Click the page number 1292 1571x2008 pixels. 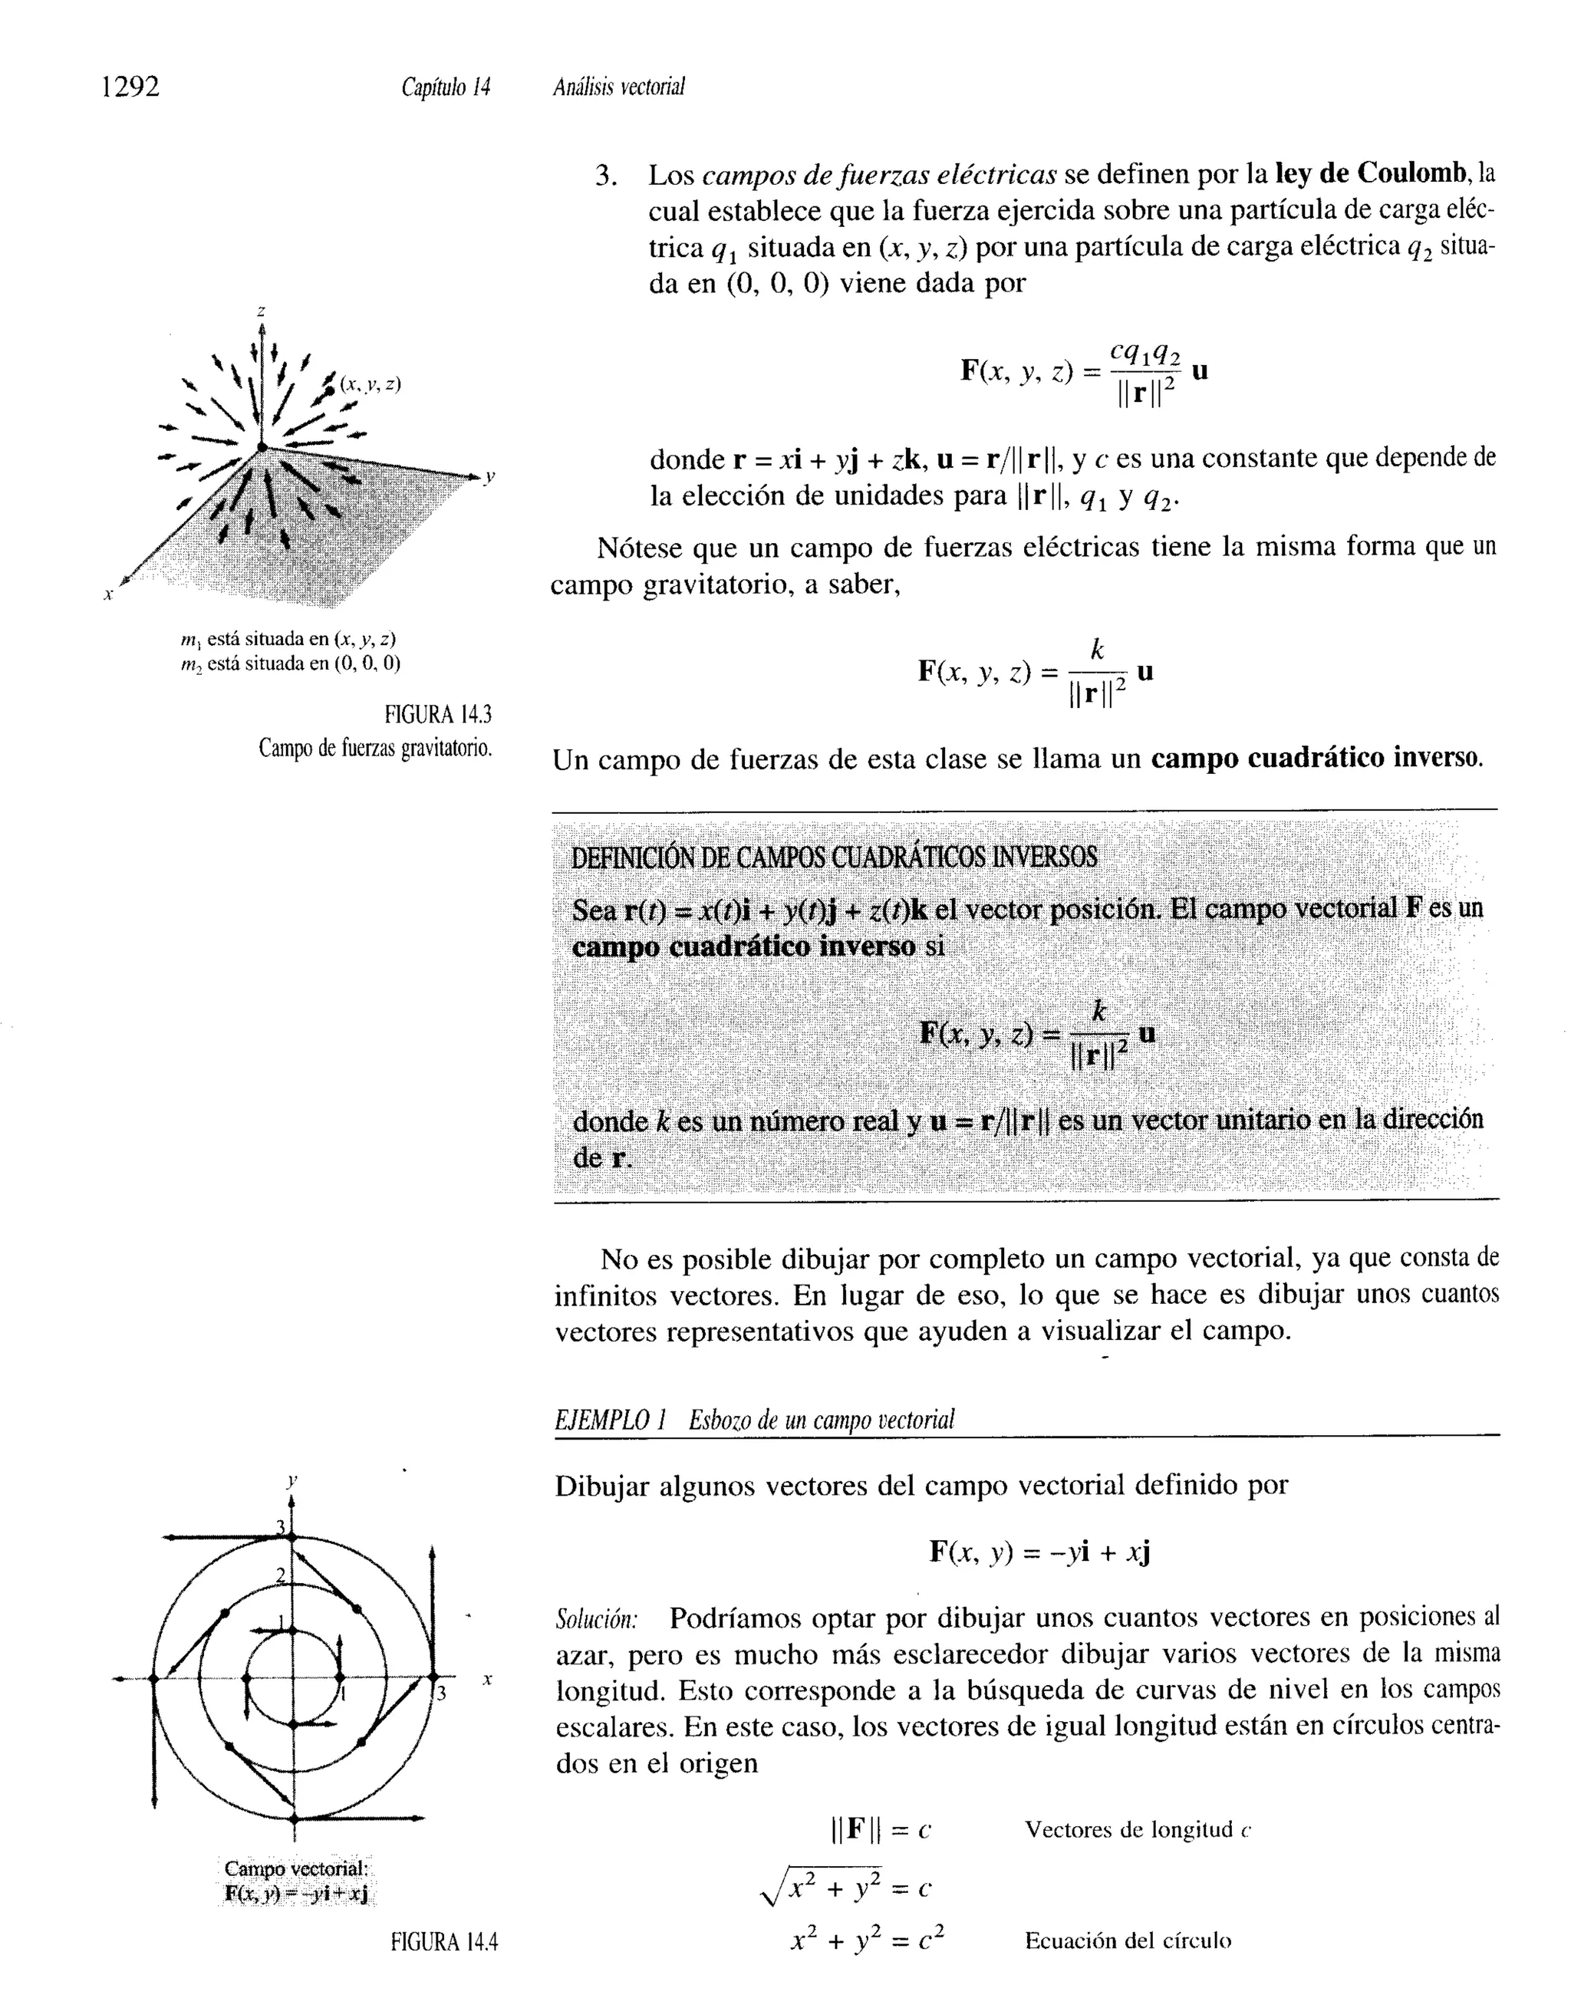point(130,87)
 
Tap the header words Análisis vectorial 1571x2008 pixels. point(619,87)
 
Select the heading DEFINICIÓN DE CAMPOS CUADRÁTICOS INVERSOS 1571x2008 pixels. point(835,857)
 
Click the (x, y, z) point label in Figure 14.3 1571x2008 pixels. point(370,384)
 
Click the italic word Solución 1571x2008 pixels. point(597,1618)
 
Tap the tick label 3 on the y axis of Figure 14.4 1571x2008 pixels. point(282,1527)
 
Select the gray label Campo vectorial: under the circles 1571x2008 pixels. point(296,1868)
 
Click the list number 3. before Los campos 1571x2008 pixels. point(604,175)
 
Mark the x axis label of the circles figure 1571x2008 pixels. point(488,1680)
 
